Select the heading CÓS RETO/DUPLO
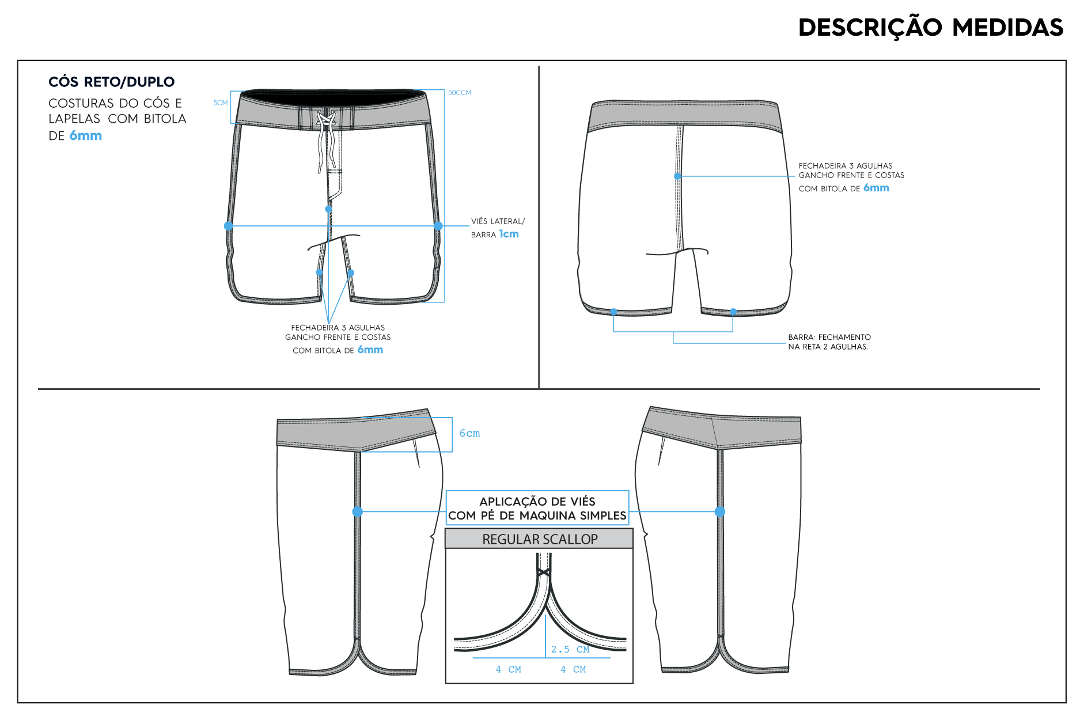coord(111,82)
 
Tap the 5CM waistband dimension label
coord(221,103)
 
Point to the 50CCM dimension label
coord(460,92)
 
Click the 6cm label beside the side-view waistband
coord(469,433)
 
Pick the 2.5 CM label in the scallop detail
coord(570,649)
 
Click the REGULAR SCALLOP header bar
coord(539,539)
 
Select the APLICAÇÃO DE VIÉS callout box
coord(537,507)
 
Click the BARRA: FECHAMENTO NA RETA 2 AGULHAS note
coord(829,342)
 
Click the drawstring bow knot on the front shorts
coord(325,120)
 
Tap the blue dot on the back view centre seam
coord(678,176)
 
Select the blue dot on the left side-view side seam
coord(358,511)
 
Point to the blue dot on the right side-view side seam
coord(720,511)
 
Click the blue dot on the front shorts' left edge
coord(229,226)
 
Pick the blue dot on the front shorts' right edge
coord(438,226)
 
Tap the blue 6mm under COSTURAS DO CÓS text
coord(86,136)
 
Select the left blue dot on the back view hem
coord(614,312)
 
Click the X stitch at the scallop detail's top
coord(543,573)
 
